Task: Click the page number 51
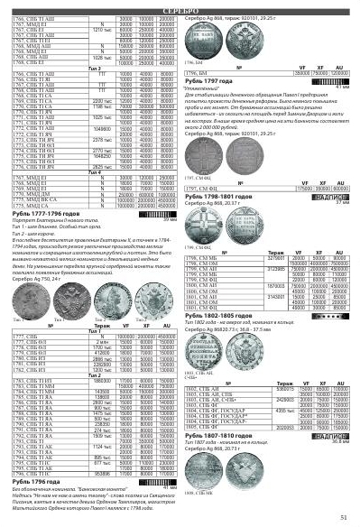click(x=344, y=516)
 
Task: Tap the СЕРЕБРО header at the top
click(x=180, y=5)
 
